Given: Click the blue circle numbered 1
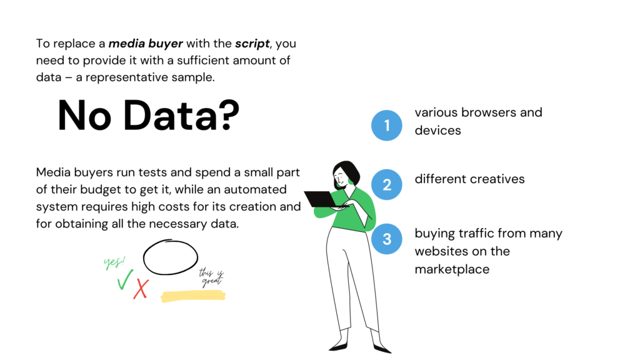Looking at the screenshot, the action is (386, 125).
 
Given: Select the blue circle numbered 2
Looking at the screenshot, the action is (386, 184).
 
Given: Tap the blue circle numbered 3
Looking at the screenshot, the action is (386, 239).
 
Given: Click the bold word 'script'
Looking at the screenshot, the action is (252, 44).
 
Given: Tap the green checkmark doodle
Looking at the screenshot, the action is (125, 279).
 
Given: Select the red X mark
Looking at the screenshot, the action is (141, 289).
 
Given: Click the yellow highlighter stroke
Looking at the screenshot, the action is (193, 296).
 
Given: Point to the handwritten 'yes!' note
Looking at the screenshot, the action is (114, 262).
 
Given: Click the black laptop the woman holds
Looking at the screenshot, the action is (321, 199).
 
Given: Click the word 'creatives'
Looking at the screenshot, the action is (497, 179).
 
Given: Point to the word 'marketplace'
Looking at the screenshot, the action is (452, 269).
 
